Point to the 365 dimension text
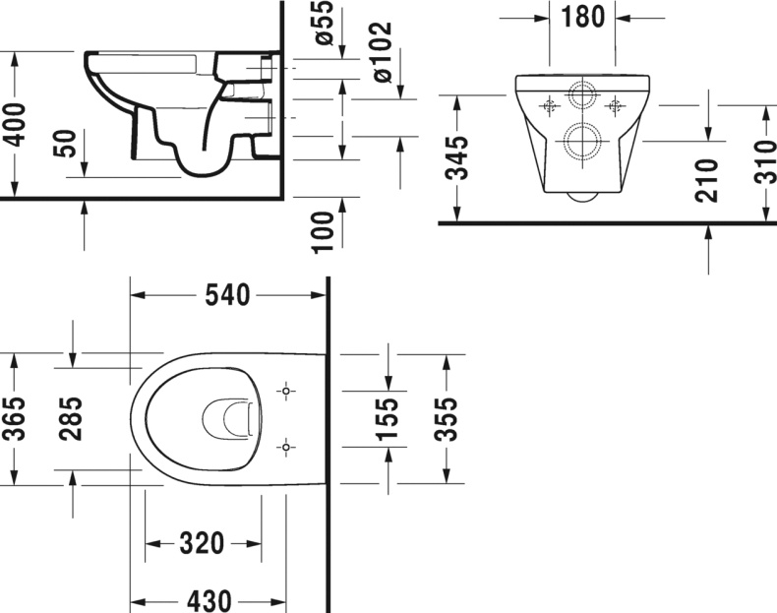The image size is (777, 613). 14,421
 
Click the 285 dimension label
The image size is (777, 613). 72,420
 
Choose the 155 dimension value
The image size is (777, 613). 388,419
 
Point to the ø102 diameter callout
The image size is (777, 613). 383,51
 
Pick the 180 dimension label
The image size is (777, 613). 583,17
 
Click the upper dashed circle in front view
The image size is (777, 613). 580,98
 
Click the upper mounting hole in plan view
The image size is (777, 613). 285,392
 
